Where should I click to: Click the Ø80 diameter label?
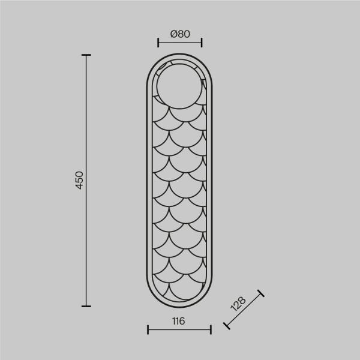click(180, 34)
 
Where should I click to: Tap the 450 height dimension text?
click(79, 180)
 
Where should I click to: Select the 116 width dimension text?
click(178, 321)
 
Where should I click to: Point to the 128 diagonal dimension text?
click(238, 304)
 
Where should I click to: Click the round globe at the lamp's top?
click(179, 86)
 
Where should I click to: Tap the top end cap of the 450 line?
click(86, 55)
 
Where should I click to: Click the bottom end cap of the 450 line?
click(86, 306)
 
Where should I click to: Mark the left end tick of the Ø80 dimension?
click(158, 43)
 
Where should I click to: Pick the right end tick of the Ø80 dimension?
click(202, 43)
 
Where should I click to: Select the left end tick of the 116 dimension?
click(148, 329)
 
